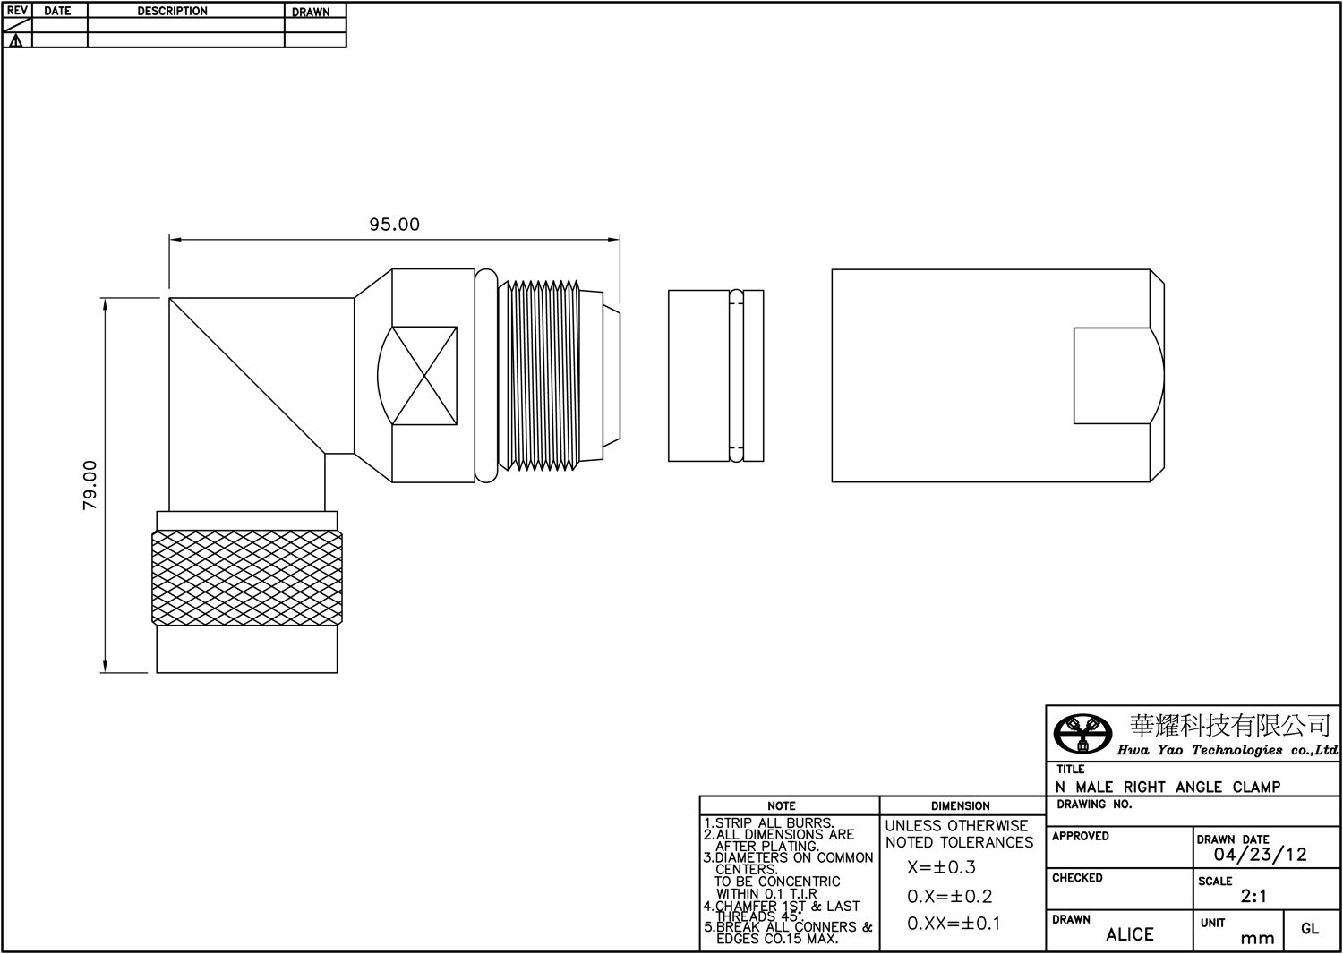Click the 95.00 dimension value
point(394,224)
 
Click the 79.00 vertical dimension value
point(90,485)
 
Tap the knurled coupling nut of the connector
point(247,578)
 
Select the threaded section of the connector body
point(539,375)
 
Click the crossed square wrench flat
point(424,376)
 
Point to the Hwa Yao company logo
point(1082,734)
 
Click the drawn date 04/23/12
point(1261,855)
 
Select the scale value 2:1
point(1253,897)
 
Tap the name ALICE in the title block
point(1130,935)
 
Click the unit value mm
point(1257,939)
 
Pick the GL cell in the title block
point(1310,929)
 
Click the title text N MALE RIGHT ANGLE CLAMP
point(1168,787)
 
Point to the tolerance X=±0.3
point(941,867)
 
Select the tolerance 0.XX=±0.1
point(954,924)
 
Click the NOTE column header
point(782,806)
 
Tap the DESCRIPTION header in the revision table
point(172,11)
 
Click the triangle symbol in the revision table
point(16,41)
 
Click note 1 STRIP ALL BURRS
point(768,823)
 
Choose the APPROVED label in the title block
point(1081,837)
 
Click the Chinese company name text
point(1229,726)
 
